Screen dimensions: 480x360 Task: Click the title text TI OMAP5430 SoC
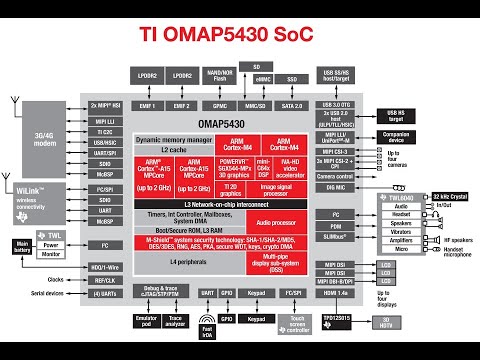pyautogui.click(x=239, y=38)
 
